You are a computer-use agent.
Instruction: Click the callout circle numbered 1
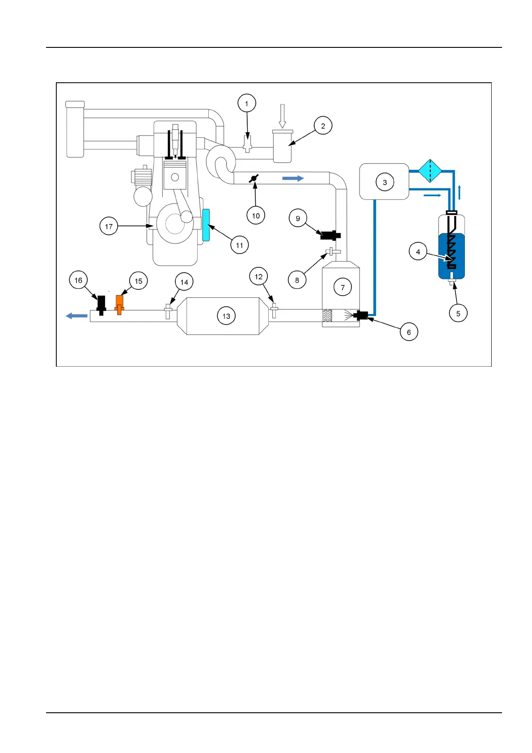point(246,103)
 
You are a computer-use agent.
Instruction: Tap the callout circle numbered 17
point(109,226)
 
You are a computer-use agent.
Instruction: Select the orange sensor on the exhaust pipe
point(119,304)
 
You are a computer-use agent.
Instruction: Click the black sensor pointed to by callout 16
point(101,304)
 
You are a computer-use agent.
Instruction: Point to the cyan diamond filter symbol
point(430,171)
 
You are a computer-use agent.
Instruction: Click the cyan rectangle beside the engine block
point(206,225)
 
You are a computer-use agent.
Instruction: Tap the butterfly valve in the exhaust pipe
point(253,178)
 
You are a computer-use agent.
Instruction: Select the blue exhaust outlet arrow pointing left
point(77,316)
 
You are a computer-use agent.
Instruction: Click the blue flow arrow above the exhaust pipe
point(293,178)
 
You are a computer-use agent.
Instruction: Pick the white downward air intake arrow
point(282,116)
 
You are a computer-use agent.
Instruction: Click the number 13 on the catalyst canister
point(226,316)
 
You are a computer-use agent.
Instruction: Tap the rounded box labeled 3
point(384,182)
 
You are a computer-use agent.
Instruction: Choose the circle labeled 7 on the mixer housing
point(343,288)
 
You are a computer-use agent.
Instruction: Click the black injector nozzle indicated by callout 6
point(360,316)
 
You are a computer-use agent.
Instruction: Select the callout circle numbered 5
point(458,313)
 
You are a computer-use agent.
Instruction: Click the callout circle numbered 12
point(258,277)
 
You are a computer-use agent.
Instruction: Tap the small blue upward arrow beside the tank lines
point(460,192)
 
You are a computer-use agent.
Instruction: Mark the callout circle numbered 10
point(256,216)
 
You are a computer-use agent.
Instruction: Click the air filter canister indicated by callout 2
point(283,146)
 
